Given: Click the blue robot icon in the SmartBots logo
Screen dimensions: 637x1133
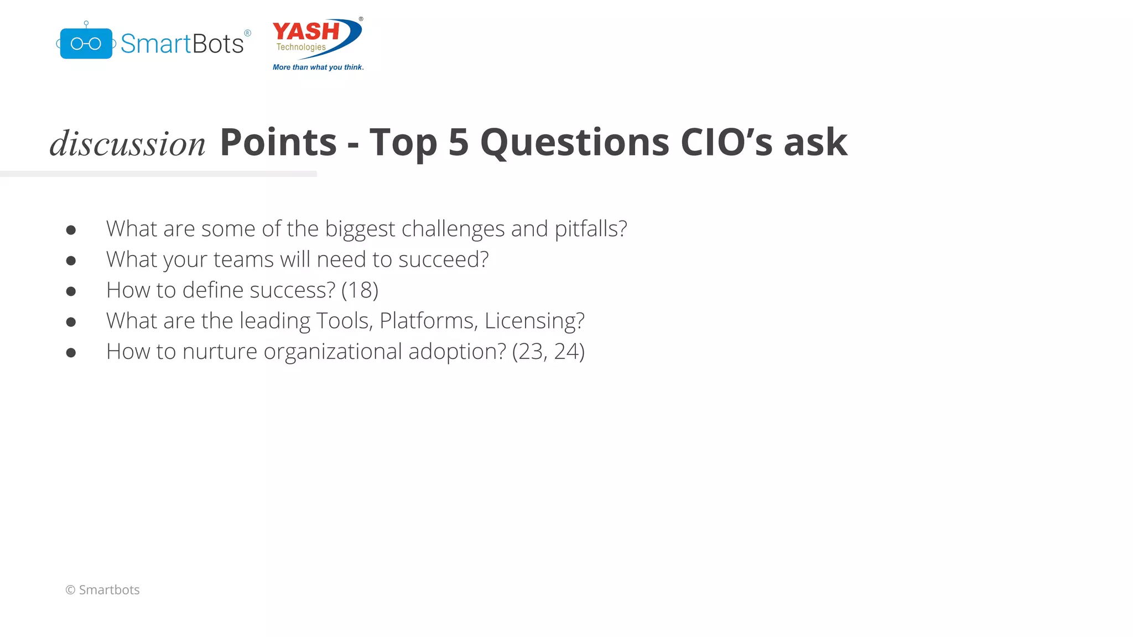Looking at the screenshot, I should (86, 43).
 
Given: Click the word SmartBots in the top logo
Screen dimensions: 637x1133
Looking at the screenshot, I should (182, 44).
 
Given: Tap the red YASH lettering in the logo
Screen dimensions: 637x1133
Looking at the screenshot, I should (306, 32).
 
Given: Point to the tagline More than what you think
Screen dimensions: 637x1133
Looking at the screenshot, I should (318, 67).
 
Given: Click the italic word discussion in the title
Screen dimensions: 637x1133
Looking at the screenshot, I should (128, 144).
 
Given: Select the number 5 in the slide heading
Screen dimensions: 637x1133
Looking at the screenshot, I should (459, 143).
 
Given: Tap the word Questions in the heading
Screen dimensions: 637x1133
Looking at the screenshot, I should (575, 143).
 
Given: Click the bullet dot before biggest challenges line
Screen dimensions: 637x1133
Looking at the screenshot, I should (71, 230).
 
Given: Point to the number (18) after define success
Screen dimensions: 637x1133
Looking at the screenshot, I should (360, 290).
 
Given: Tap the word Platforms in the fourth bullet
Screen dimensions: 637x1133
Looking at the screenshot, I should (427, 321).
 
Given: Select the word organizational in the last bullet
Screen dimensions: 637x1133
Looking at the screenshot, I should (332, 352).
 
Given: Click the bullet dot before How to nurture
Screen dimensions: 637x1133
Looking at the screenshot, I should (71, 353).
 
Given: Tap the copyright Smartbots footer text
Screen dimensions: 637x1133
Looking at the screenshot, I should (103, 590).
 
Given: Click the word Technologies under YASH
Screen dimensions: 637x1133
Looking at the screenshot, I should (301, 47).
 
